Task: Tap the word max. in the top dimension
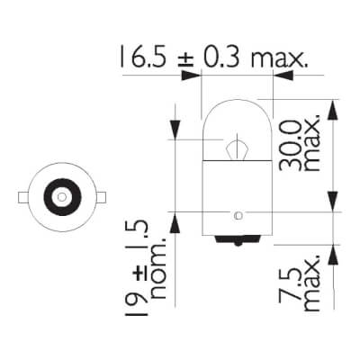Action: [278, 61]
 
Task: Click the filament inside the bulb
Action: [236, 145]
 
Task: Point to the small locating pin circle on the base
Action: [237, 215]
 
